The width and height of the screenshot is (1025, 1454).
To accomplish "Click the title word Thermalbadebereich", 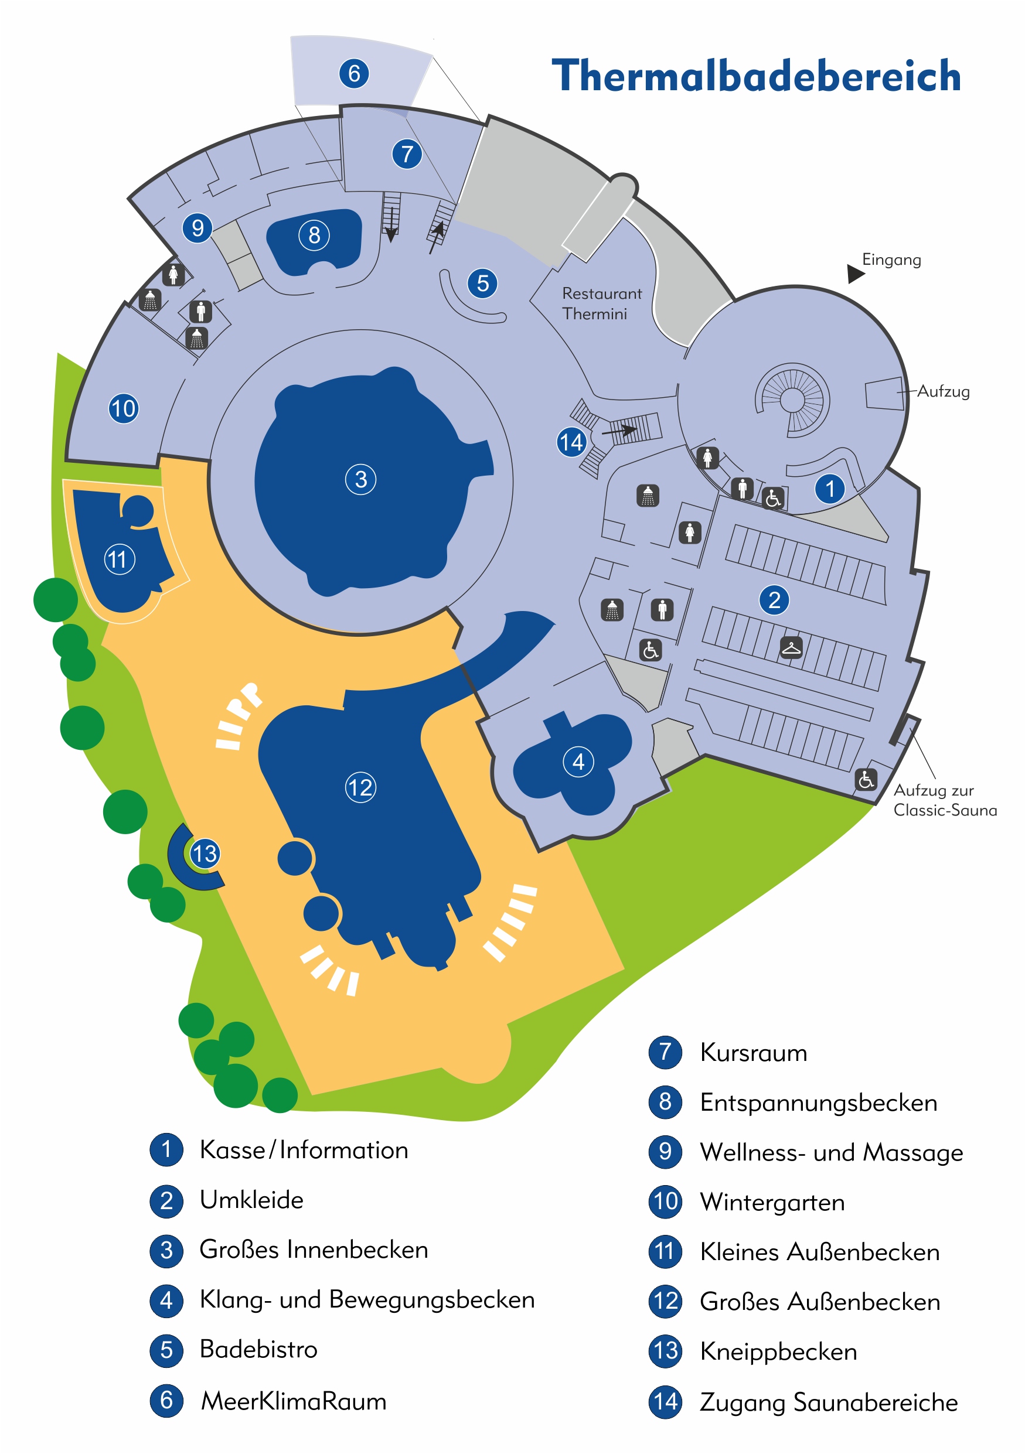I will click(x=756, y=76).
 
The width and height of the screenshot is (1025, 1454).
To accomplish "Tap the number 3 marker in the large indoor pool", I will click(x=360, y=479).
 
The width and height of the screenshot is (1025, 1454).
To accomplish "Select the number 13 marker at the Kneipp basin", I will click(x=205, y=854).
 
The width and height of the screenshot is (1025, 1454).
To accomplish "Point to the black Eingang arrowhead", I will click(x=855, y=273).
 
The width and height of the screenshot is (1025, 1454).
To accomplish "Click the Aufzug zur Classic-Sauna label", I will click(x=944, y=800).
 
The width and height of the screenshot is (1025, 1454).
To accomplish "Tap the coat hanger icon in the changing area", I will click(x=791, y=648).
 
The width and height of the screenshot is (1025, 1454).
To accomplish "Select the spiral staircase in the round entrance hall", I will click(x=792, y=400).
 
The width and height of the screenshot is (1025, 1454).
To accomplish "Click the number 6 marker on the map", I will click(x=354, y=73).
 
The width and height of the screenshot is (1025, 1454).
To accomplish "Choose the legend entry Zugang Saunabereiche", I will click(x=828, y=1402).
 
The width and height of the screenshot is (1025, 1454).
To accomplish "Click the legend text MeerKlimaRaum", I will click(x=293, y=1401).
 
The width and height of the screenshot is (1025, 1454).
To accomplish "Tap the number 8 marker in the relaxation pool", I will click(x=314, y=235).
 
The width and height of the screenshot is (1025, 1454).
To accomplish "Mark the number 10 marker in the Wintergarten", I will click(x=124, y=408).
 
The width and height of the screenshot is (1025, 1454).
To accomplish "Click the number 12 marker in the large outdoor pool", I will click(x=360, y=787).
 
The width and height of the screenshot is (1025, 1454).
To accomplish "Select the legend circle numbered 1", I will click(x=166, y=1149).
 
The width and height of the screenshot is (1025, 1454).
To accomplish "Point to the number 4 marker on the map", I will click(x=578, y=762).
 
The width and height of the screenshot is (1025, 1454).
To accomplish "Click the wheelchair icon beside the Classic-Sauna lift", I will click(x=866, y=780).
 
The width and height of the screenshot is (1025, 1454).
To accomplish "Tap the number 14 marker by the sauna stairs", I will click(x=571, y=442).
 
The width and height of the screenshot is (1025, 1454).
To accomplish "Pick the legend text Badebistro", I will click(x=258, y=1349).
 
